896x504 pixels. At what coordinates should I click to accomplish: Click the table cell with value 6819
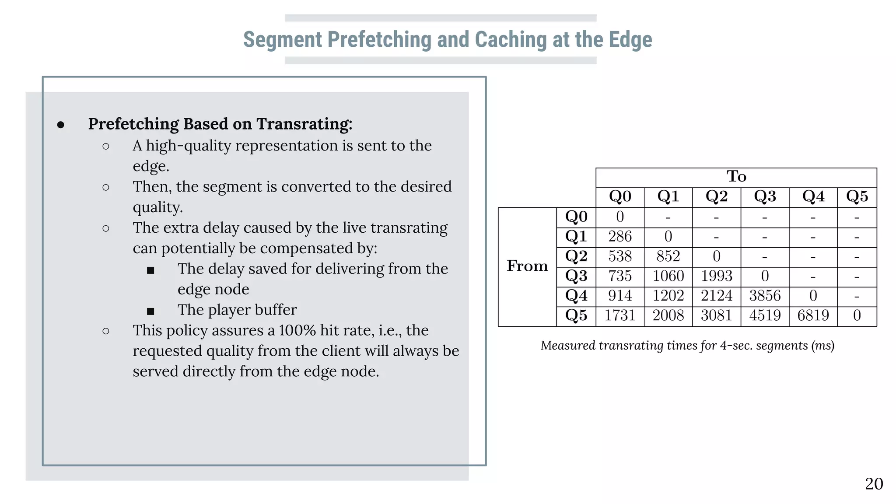(813, 315)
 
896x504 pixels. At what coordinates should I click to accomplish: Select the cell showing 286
(620, 237)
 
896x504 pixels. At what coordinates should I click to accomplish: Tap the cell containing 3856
(765, 296)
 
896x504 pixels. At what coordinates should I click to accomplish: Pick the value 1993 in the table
(717, 276)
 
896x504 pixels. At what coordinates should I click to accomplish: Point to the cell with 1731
(620, 315)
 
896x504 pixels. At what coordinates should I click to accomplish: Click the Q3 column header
(765, 197)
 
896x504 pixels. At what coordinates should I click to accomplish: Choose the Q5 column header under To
(857, 197)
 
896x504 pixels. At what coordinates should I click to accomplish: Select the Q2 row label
(576, 256)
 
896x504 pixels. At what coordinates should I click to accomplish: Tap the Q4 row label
(576, 296)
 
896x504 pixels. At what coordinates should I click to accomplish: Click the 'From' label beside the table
(527, 266)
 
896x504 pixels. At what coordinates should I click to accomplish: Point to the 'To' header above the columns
(736, 177)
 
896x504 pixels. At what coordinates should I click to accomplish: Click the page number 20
(874, 484)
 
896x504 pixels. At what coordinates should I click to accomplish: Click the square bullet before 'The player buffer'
(150, 311)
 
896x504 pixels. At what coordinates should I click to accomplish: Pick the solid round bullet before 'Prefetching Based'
(61, 125)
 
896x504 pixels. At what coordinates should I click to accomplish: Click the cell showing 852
(668, 256)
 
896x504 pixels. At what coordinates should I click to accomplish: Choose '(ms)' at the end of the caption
(822, 346)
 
